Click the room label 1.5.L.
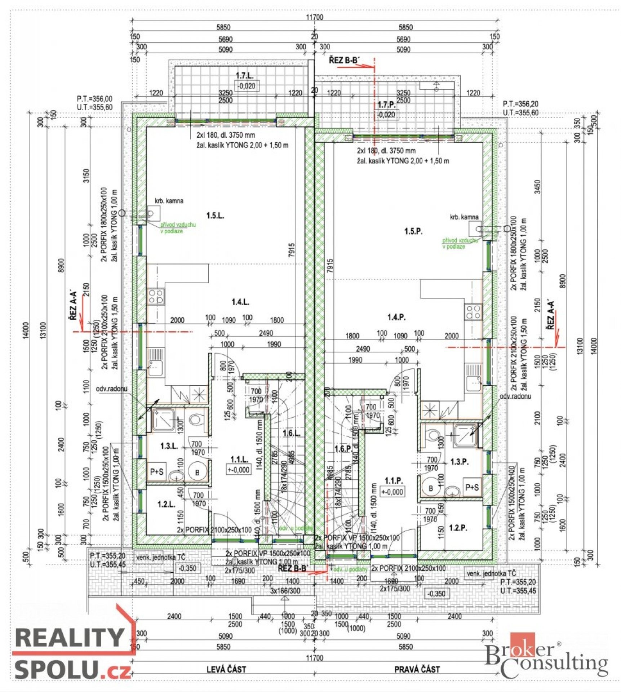coord(215,216)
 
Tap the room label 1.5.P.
coord(413,231)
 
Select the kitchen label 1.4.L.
coord(240,302)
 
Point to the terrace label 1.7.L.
coord(244,75)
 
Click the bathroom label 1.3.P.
coord(460,462)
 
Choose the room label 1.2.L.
coord(166,504)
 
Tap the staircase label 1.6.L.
coord(291,433)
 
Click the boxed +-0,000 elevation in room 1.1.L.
coord(239,470)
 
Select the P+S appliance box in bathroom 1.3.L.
coord(156,471)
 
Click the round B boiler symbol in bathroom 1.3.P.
coord(431,488)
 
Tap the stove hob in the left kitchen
coord(156,296)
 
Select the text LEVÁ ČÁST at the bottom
coord(226,670)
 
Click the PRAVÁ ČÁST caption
coord(417,670)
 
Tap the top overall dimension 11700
coord(315,17)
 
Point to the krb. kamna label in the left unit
coord(169,201)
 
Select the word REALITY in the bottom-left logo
coord(69,638)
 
